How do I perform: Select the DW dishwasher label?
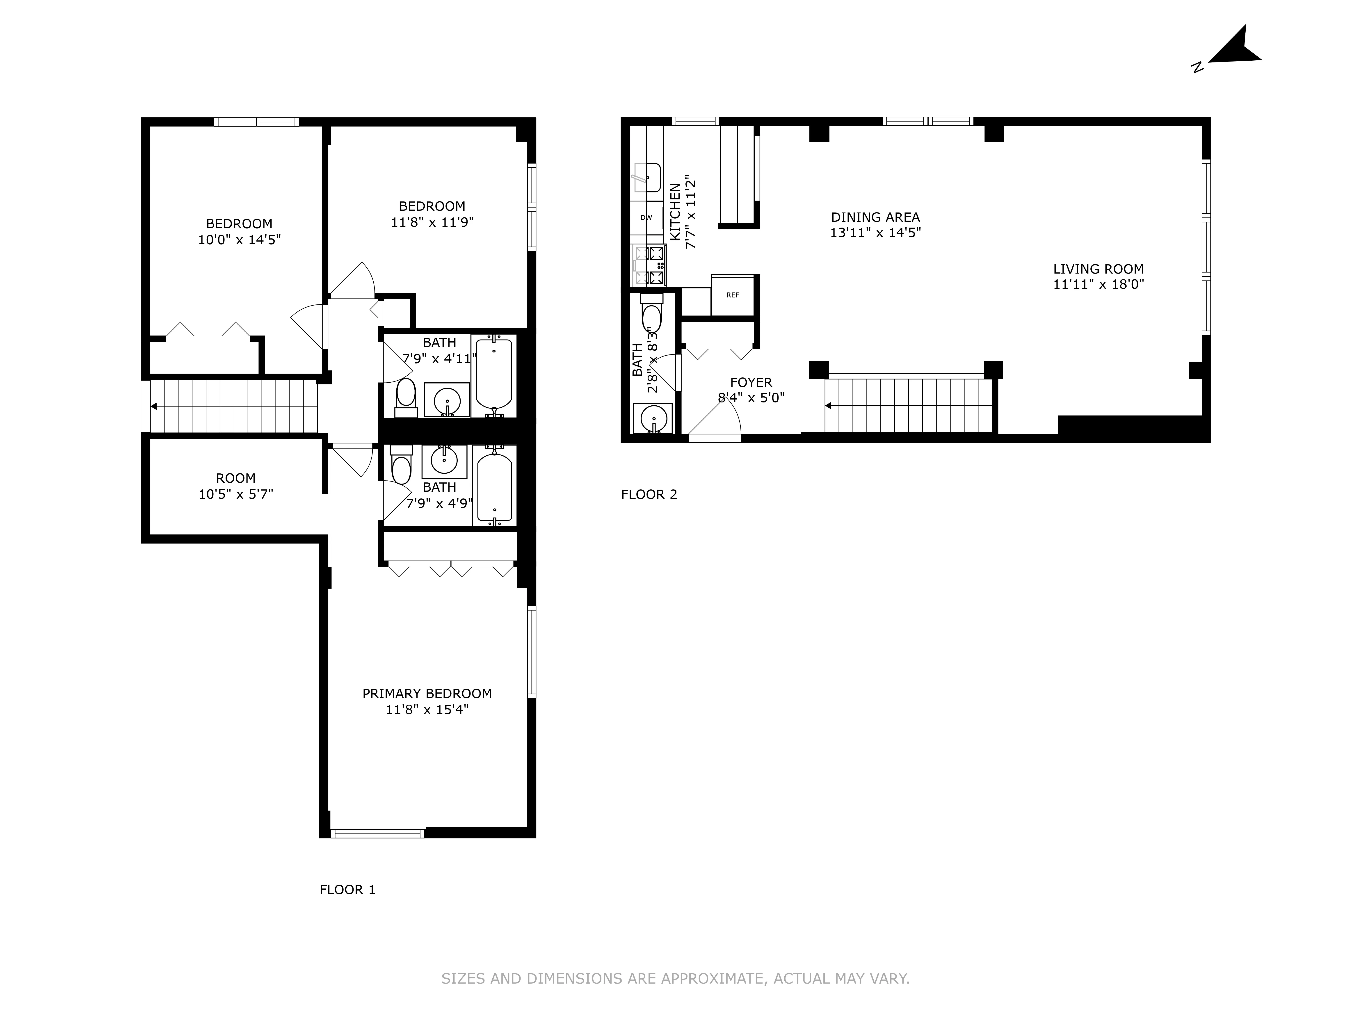(646, 218)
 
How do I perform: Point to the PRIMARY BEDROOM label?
(427, 694)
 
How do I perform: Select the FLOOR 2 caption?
(649, 494)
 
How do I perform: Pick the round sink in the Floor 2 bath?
(653, 419)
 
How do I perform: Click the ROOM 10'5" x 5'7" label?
(235, 486)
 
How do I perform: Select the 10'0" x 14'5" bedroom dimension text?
(239, 240)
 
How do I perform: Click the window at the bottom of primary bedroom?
(377, 833)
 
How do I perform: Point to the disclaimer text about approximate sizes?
(675, 979)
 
